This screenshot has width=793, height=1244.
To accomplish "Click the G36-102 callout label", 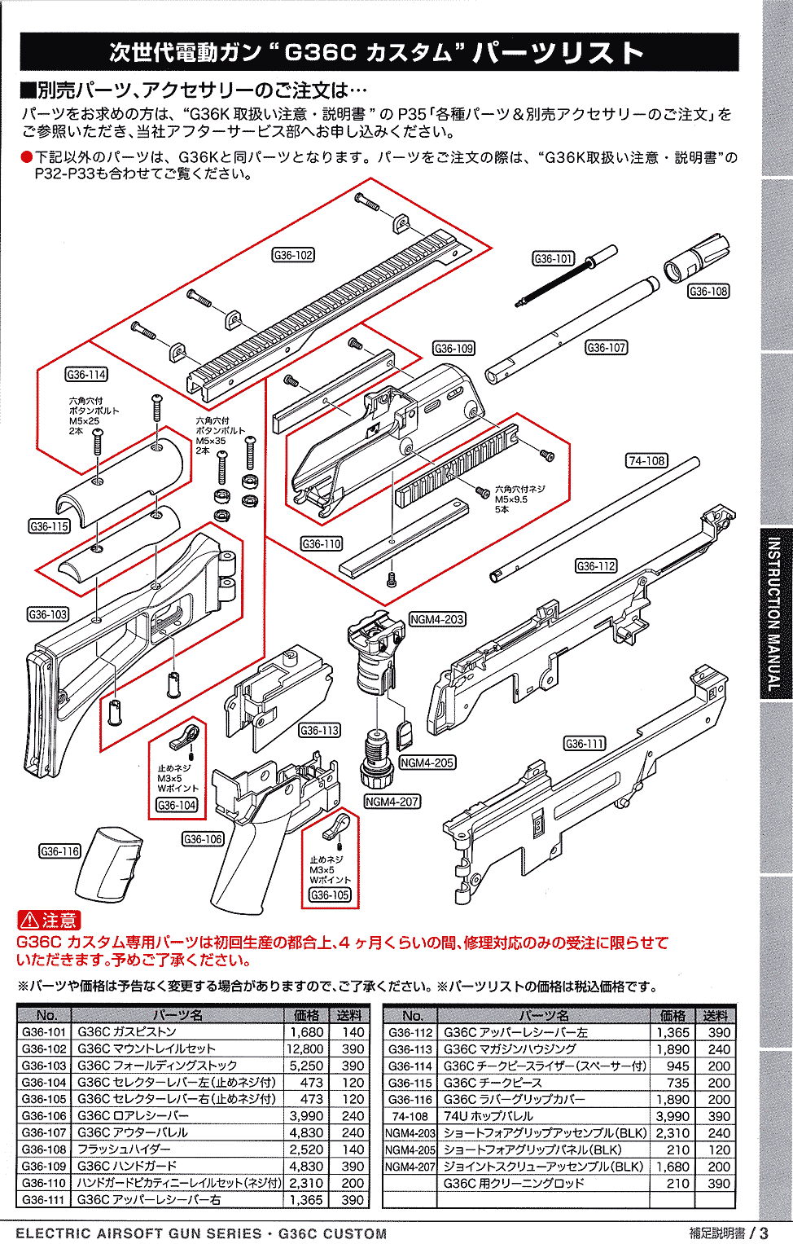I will [x=293, y=255].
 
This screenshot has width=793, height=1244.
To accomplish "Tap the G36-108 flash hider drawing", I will [x=696, y=257].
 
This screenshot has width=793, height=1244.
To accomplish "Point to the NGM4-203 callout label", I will [x=437, y=619].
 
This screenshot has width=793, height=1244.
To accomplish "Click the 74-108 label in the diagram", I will [x=646, y=460].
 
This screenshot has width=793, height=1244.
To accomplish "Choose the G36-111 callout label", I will [x=585, y=743].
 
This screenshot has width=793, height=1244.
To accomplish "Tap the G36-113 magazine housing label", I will [x=320, y=730].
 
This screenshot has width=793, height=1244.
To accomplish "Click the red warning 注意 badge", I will [x=49, y=921].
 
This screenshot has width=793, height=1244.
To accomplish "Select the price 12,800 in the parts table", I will [x=305, y=1048].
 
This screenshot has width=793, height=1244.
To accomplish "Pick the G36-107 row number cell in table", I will [x=44, y=1132].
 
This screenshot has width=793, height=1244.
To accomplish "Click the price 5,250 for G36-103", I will [x=307, y=1066].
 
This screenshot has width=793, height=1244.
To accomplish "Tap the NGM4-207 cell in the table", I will [x=410, y=1166].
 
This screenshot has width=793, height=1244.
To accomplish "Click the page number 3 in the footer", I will [x=764, y=1233].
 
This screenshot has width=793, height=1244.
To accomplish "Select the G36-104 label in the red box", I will [x=177, y=805].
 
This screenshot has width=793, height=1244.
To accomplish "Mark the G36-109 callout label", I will [x=453, y=348].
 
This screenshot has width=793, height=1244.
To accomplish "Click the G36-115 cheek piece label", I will [x=49, y=526].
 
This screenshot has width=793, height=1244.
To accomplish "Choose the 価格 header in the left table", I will [x=306, y=1015].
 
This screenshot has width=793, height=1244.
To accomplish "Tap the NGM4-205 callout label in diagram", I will [x=427, y=763].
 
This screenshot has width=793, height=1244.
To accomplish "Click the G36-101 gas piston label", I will [x=554, y=258].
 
